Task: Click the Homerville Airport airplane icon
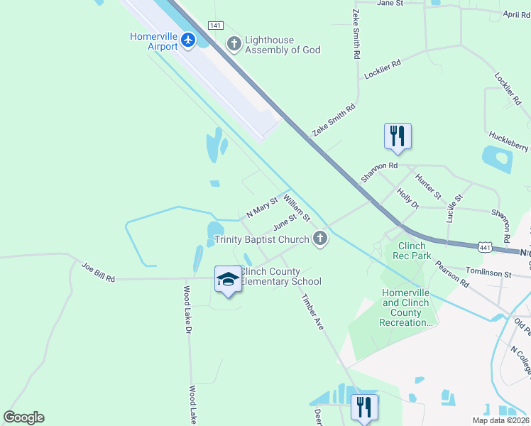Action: pos(188,40)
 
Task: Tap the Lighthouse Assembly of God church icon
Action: pos(234,44)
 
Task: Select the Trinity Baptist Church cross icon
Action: pos(320,239)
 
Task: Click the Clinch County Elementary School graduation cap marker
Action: pos(228,280)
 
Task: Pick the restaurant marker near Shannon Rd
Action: pos(398,136)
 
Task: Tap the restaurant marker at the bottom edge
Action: pos(364,408)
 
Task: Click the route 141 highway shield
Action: pos(215,25)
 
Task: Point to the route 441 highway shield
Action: pos(485,247)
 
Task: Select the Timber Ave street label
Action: pos(312,312)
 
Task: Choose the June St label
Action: pos(284,222)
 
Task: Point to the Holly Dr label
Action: pos(408,198)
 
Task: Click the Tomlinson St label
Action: pos(488,273)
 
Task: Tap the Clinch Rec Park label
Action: pos(412,251)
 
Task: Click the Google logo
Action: pos(24,417)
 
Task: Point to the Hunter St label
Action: pos(428,186)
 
